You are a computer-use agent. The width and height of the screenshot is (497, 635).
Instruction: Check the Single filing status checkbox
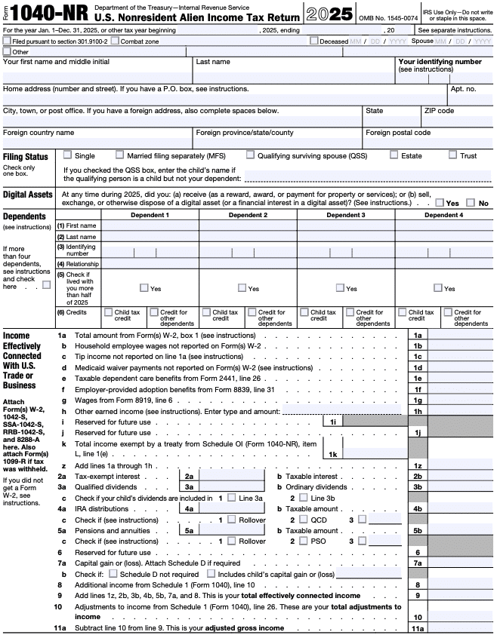(x=68, y=155)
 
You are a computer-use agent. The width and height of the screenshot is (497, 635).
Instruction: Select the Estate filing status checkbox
(x=394, y=155)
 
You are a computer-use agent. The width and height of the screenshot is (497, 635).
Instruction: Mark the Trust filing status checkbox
(x=452, y=155)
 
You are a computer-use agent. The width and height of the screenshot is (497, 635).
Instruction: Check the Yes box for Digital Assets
(x=440, y=203)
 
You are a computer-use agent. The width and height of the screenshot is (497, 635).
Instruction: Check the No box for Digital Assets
(x=471, y=203)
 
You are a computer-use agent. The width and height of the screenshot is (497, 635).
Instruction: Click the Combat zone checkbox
(x=116, y=41)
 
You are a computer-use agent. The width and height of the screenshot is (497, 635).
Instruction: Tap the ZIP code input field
(x=458, y=121)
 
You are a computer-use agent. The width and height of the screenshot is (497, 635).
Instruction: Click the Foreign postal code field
(x=428, y=143)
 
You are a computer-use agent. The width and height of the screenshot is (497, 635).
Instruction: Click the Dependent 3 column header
(x=346, y=215)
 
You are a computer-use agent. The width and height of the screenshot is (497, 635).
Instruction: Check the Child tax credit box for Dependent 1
(x=108, y=311)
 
